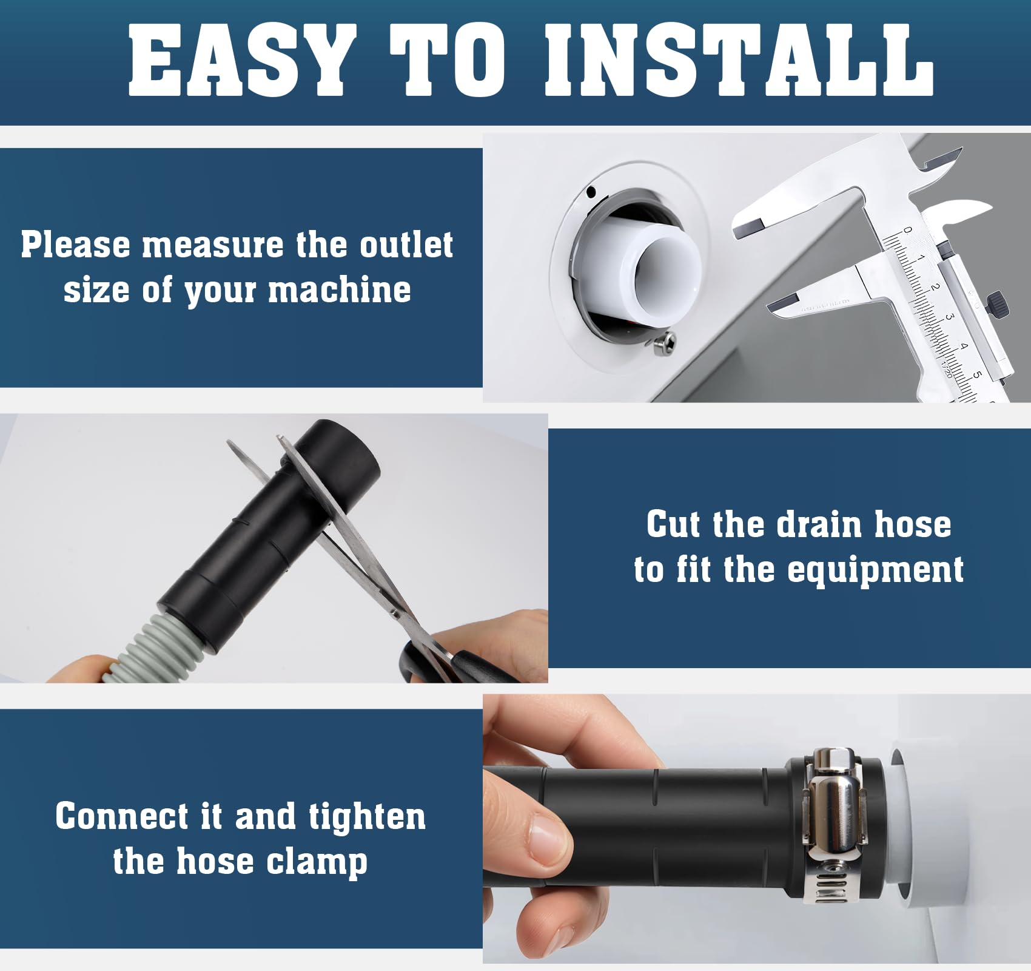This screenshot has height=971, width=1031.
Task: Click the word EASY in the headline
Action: [x=241, y=61]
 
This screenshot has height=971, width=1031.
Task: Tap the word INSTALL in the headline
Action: [x=739, y=61]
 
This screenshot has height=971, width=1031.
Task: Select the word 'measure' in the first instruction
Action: [x=212, y=245]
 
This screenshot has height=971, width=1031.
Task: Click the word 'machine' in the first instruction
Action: [x=339, y=289]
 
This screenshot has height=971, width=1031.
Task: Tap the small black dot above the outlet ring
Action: [x=591, y=192]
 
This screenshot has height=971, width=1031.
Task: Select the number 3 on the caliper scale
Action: [x=950, y=317]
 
